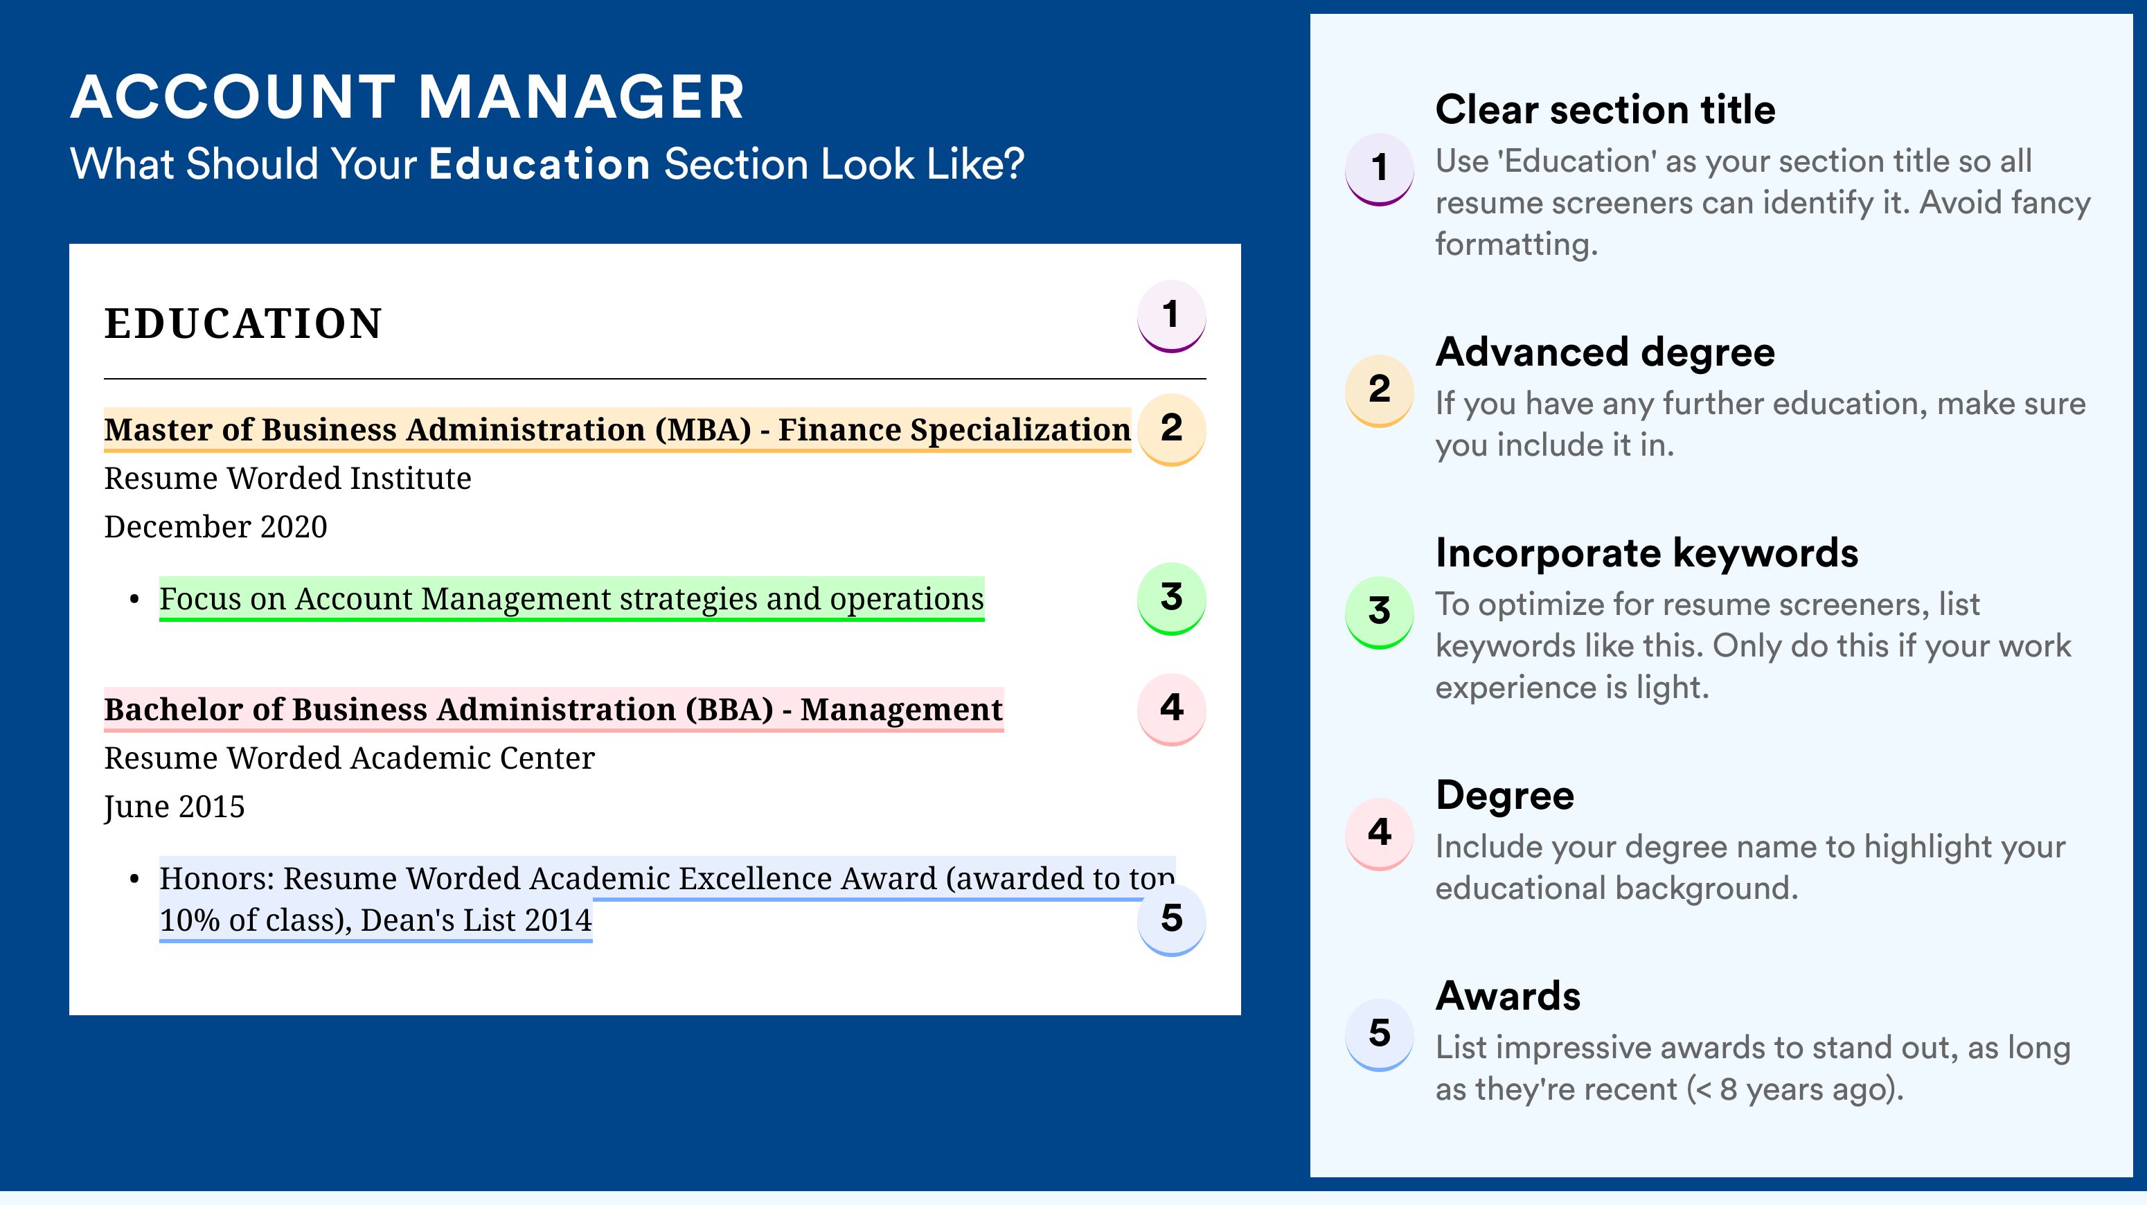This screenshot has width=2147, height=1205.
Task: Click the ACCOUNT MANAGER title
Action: pyautogui.click(x=407, y=97)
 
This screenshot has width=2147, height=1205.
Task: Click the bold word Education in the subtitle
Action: pyautogui.click(x=540, y=163)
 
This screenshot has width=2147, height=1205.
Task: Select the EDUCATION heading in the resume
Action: pyautogui.click(x=242, y=323)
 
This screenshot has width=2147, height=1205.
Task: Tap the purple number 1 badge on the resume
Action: pyautogui.click(x=1171, y=316)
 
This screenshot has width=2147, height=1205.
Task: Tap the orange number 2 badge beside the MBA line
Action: pyautogui.click(x=1171, y=429)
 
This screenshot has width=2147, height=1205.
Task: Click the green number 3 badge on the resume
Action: pyautogui.click(x=1171, y=598)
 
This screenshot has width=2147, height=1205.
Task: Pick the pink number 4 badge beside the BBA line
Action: pyautogui.click(x=1171, y=709)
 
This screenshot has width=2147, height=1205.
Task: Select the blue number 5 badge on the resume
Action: pyautogui.click(x=1171, y=919)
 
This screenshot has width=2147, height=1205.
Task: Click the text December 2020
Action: pyautogui.click(x=216, y=526)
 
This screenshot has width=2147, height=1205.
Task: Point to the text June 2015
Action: pyautogui.click(x=175, y=807)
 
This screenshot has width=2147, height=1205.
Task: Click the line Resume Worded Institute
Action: pyautogui.click(x=287, y=479)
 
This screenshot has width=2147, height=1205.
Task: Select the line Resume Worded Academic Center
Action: pyautogui.click(x=349, y=758)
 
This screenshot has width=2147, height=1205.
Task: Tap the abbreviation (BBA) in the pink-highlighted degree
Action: pyautogui.click(x=729, y=709)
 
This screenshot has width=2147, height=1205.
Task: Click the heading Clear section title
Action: pyautogui.click(x=1605, y=109)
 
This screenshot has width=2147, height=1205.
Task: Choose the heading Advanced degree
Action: pyautogui.click(x=1605, y=352)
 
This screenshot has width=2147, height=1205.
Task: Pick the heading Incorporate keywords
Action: pyautogui.click(x=1647, y=553)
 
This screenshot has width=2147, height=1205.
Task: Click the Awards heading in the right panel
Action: pyautogui.click(x=1508, y=996)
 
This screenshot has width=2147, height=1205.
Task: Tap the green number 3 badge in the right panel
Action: pyautogui.click(x=1380, y=612)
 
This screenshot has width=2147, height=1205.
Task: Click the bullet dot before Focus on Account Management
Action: pyautogui.click(x=134, y=600)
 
